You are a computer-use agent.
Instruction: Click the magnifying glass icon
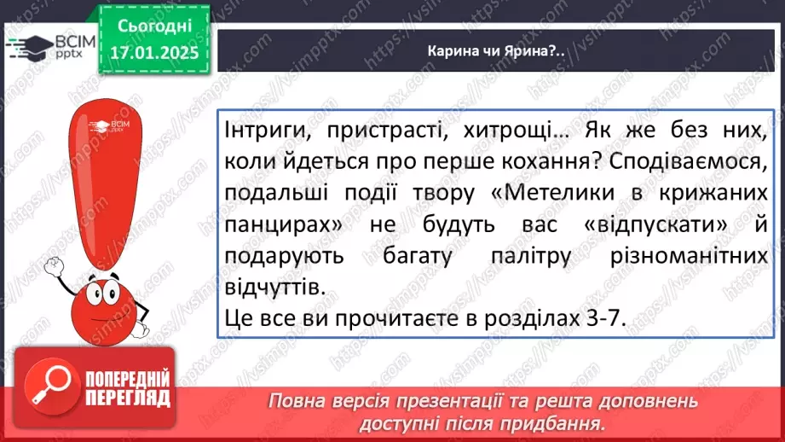point(49,387)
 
